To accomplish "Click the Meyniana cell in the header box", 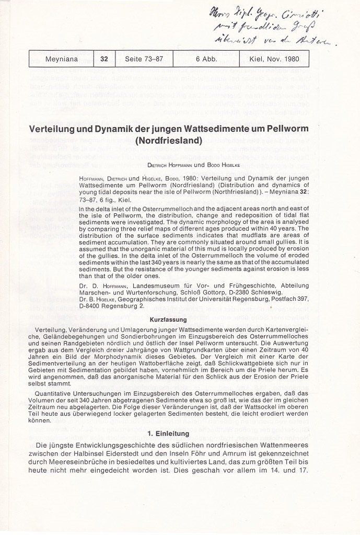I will tap(61, 59).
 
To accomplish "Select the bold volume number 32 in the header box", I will tap(104, 59).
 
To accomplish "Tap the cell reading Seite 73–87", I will tap(144, 59).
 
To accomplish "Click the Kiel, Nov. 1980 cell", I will tap(275, 59).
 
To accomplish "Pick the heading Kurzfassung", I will tap(179, 318).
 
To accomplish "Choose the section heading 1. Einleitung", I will tap(179, 433).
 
